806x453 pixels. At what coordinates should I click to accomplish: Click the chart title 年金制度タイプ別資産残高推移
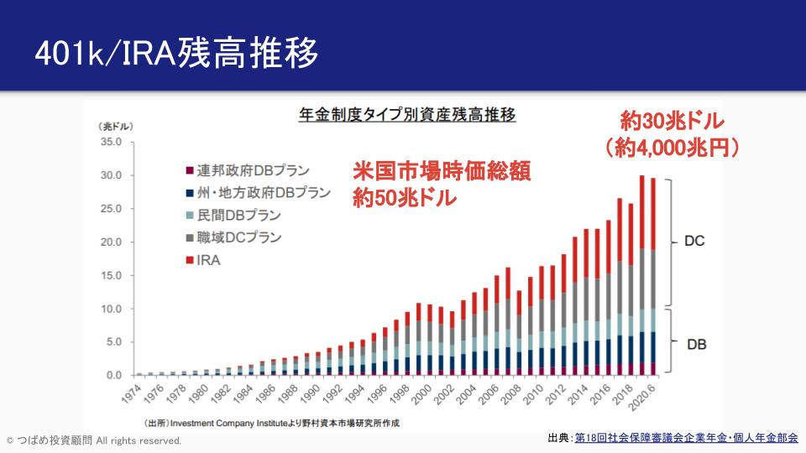tap(407, 115)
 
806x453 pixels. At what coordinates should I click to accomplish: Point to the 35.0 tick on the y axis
tap(111, 142)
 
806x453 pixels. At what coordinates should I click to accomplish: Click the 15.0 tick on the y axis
tap(111, 275)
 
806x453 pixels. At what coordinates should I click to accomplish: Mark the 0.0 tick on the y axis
tap(114, 375)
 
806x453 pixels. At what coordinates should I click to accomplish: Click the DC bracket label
tap(693, 242)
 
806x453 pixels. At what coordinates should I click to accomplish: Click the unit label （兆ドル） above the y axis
tap(115, 126)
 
